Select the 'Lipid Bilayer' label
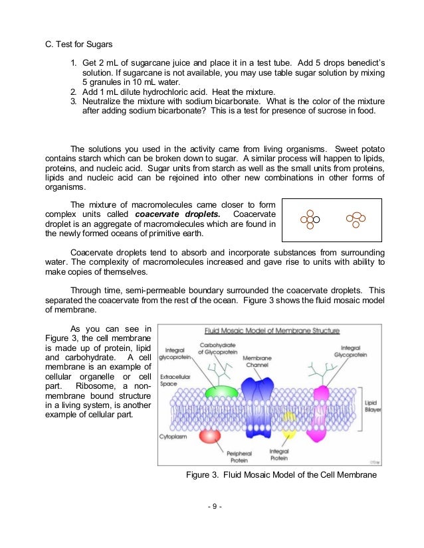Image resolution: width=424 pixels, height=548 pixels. [x=371, y=405]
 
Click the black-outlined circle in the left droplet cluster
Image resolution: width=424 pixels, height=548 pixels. [x=317, y=218]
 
